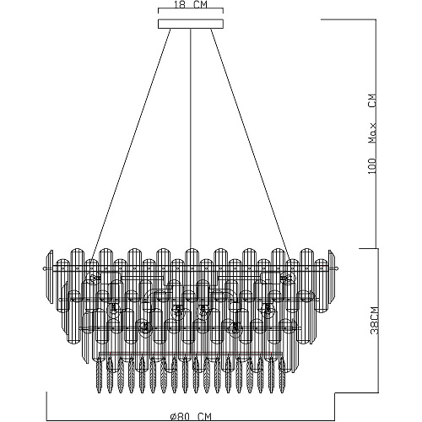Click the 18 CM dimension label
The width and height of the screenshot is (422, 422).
190,5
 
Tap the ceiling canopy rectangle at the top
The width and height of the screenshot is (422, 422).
191,24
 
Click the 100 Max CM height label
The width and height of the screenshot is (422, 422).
372,133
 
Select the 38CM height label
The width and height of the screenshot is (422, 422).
374,320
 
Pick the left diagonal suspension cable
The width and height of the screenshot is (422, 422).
132,144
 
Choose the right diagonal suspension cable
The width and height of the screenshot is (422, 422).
252,144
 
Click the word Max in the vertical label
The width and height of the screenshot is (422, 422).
372,133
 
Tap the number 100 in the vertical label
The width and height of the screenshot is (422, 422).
372,166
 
